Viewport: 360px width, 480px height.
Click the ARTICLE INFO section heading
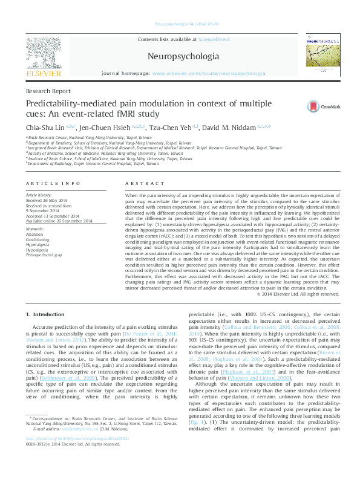(53, 183)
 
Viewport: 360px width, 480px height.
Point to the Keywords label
(34, 229)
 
